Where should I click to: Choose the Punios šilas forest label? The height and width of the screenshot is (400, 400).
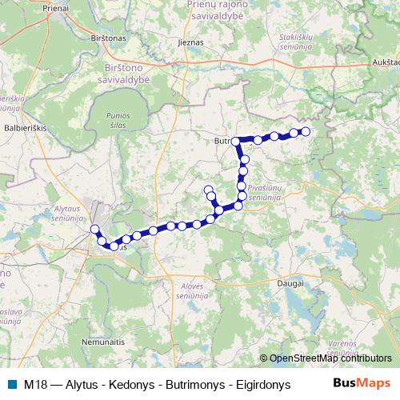coord(118,121)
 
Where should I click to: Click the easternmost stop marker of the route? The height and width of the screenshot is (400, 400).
coord(305,131)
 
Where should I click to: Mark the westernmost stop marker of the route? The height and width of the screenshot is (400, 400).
coord(94,230)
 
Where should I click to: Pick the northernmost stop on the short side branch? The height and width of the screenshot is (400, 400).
coord(209,190)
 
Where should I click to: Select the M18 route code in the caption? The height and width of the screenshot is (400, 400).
coord(35,384)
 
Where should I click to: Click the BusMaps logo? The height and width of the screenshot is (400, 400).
coord(362,383)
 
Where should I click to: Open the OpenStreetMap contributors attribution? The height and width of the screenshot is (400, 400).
coord(329,359)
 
